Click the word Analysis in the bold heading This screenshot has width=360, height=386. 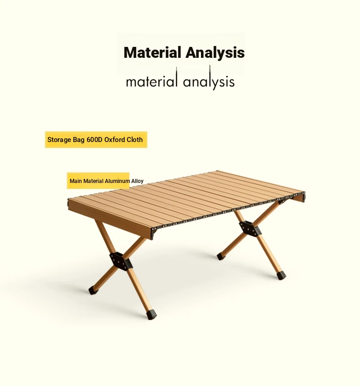pyautogui.click(x=215, y=52)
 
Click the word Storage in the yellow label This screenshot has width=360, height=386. pyautogui.click(x=59, y=140)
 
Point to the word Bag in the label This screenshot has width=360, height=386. pyautogui.click(x=78, y=140)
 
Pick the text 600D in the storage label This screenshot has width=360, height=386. pyautogui.click(x=94, y=140)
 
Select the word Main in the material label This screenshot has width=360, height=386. pyautogui.click(x=76, y=181)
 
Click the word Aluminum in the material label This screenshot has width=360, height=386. pyautogui.click(x=117, y=181)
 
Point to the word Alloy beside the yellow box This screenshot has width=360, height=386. pyautogui.click(x=137, y=181)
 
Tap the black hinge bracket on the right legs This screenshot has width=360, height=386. pyautogui.click(x=250, y=228)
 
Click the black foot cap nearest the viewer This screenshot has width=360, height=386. pyautogui.click(x=151, y=315)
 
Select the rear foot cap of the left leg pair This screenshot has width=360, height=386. pyautogui.click(x=93, y=290)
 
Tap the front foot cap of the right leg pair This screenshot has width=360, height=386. pyautogui.click(x=282, y=276)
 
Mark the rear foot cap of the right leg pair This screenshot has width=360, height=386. pyautogui.click(x=220, y=257)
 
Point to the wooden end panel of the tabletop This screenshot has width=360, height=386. pyautogui.click(x=110, y=218)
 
